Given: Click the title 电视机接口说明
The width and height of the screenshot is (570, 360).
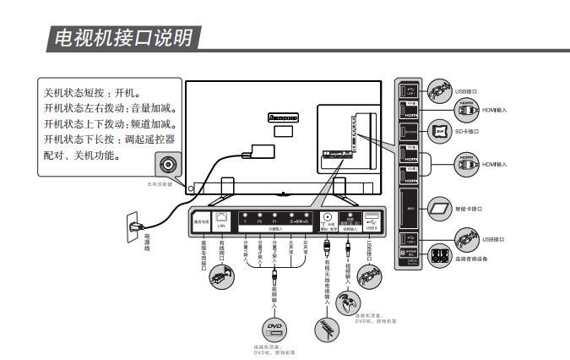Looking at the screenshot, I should click(x=123, y=37).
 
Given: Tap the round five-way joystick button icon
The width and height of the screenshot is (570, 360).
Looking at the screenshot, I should click(x=166, y=164).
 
